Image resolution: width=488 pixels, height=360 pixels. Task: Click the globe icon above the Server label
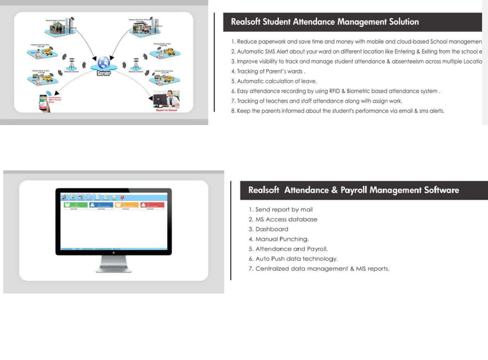104,63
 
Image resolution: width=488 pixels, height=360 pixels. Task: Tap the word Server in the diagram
104,73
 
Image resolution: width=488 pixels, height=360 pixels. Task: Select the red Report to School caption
166,110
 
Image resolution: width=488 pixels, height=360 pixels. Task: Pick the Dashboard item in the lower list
271,229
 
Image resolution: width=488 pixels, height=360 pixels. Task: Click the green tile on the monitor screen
74,205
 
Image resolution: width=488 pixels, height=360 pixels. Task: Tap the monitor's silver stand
113,264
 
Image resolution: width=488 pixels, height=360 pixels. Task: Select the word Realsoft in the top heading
247,22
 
